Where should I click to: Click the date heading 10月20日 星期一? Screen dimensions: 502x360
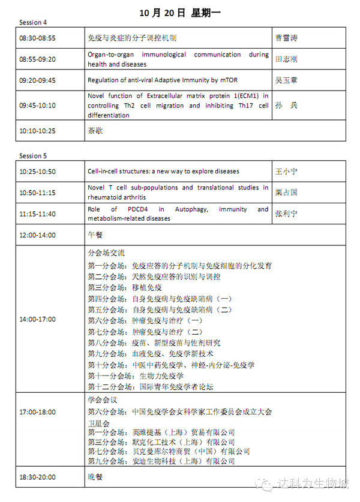pyautogui.click(x=179, y=12)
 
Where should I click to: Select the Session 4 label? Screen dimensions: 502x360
pyautogui.click(x=33, y=23)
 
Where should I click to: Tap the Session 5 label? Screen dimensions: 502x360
pyautogui.click(x=33, y=156)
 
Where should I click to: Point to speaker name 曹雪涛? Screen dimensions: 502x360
pyautogui.click(x=286, y=38)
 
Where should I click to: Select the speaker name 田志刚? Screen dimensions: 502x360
pyautogui.click(x=286, y=59)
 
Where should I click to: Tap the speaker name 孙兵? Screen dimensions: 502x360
pyautogui.click(x=286, y=105)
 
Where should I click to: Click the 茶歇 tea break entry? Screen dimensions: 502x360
pyautogui.click(x=95, y=130)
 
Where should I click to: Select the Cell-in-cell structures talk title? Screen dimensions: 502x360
pyautogui.click(x=163, y=172)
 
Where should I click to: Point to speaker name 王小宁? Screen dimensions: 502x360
pyautogui.click(x=286, y=172)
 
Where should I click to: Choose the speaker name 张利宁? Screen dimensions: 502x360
pyautogui.click(x=286, y=214)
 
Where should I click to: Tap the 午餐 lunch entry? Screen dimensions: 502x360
pyautogui.click(x=95, y=235)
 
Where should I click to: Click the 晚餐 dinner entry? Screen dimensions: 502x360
pyautogui.click(x=95, y=477)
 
